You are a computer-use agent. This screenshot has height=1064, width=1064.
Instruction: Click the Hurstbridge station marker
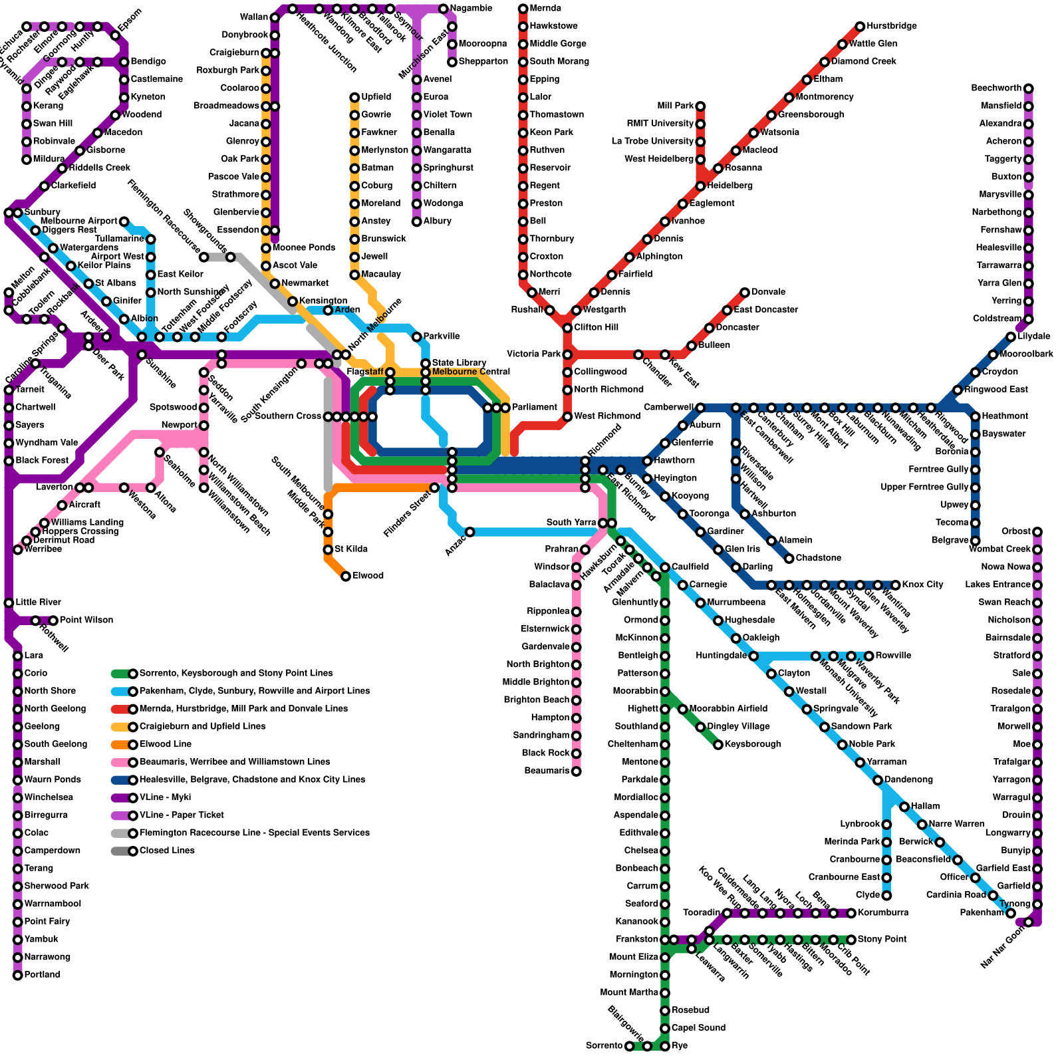860,27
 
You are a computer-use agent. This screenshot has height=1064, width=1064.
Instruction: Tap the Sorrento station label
604,1046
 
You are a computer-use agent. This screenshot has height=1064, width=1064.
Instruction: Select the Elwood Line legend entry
165,744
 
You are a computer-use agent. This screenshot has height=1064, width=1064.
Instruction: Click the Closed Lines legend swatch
122,851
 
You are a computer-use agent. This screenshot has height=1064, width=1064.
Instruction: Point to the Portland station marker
18,975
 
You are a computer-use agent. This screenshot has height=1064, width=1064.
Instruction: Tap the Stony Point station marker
851,940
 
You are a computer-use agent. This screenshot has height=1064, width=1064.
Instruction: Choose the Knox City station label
922,585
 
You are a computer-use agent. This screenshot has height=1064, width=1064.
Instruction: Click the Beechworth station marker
1029,88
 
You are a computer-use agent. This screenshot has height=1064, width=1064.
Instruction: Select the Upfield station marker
355,98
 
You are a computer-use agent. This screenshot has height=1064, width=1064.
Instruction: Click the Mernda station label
545,9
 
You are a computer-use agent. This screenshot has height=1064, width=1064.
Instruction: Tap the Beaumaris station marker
577,771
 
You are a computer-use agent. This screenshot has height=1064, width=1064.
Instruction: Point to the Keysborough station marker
718,745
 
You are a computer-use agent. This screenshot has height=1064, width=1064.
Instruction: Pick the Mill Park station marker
700,106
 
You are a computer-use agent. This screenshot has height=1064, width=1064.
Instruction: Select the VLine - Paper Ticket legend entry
181,815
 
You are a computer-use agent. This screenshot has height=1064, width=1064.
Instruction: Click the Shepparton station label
483,62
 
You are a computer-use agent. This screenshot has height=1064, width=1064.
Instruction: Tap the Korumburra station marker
851,913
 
